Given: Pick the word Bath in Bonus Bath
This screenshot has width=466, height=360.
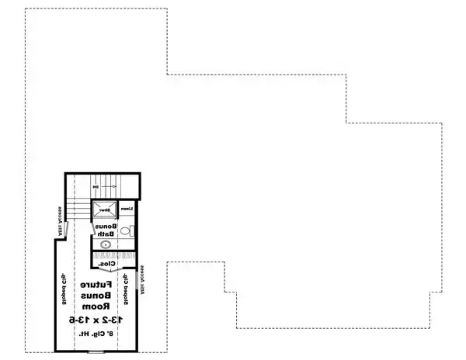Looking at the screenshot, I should [106, 233].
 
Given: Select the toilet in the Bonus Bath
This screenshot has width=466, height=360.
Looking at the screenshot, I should [128, 230].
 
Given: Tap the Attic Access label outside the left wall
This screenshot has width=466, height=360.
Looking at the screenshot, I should [57, 218].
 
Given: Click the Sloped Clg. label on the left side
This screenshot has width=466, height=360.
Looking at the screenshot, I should [61, 288].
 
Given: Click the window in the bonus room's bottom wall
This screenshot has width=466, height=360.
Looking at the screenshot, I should [96, 351].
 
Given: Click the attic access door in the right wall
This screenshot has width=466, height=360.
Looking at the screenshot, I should [139, 281].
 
